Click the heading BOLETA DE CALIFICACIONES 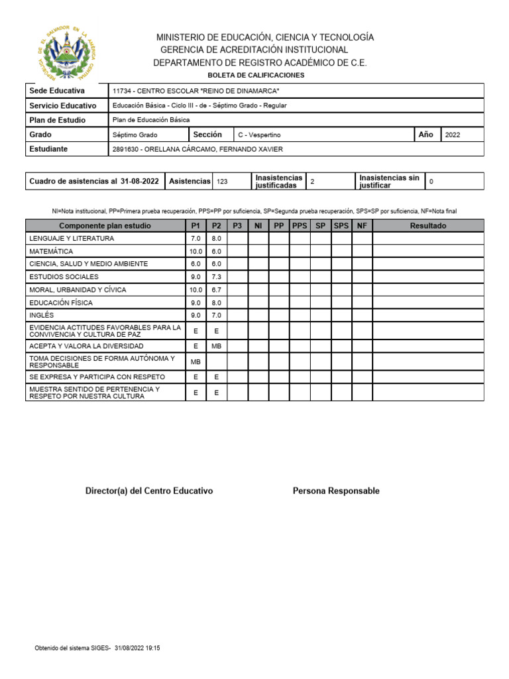pyautogui.click(x=255, y=76)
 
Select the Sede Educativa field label pyautogui.click(x=56, y=91)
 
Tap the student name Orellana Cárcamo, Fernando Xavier pyautogui.click(x=198, y=149)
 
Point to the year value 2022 pyautogui.click(x=453, y=135)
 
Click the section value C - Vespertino pyautogui.click(x=259, y=135)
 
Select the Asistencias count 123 pyautogui.click(x=222, y=181)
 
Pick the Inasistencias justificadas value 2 pyautogui.click(x=312, y=181)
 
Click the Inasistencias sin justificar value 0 pyautogui.click(x=431, y=181)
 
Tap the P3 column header pyautogui.click(x=237, y=225)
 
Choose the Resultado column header pyautogui.click(x=428, y=225)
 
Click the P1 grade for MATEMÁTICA pyautogui.click(x=195, y=251)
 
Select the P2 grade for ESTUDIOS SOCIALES pyautogui.click(x=216, y=277)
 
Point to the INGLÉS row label pyautogui.click(x=41, y=315)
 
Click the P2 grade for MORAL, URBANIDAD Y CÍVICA pyautogui.click(x=216, y=290)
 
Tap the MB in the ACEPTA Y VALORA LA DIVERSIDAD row pyautogui.click(x=216, y=346)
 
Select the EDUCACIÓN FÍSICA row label pyautogui.click(x=60, y=302)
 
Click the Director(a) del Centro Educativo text pyautogui.click(x=149, y=491)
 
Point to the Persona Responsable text pyautogui.click(x=336, y=491)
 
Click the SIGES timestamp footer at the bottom pyautogui.click(x=97, y=648)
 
